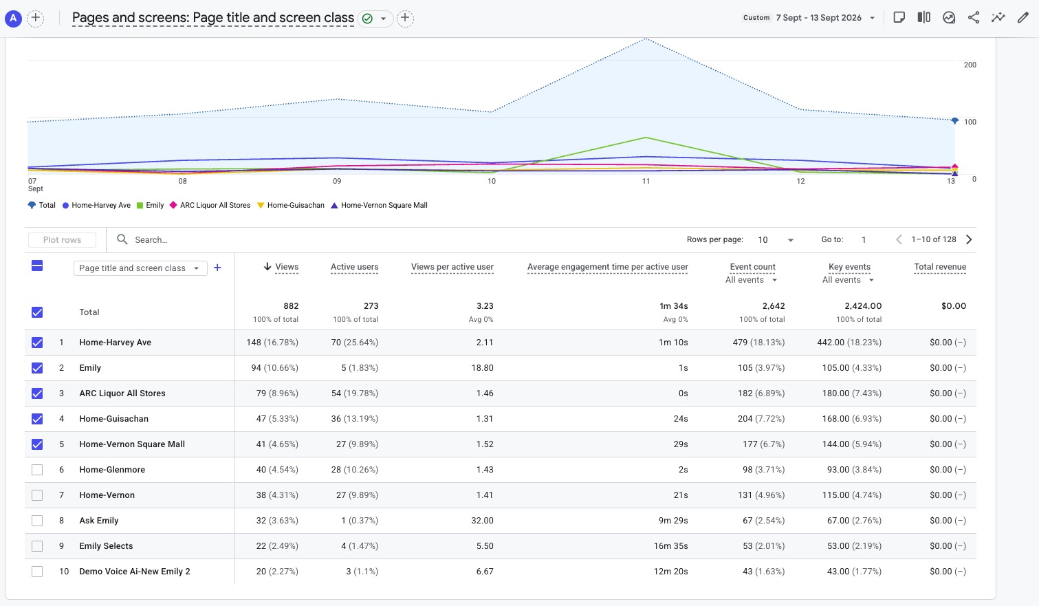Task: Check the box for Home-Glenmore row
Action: (37, 470)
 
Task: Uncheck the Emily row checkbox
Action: (37, 368)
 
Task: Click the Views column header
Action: (287, 267)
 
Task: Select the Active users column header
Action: (354, 267)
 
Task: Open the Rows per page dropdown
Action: (776, 240)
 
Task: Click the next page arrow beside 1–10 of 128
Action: (969, 239)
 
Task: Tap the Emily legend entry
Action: (151, 205)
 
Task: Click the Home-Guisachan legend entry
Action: (291, 205)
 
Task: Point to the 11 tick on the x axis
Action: (646, 181)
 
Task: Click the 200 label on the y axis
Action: (970, 65)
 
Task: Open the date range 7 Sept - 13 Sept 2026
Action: (819, 18)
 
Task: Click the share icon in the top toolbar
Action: (974, 18)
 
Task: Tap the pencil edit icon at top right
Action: (1022, 18)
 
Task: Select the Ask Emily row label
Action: (99, 521)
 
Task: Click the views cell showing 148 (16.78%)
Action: (272, 343)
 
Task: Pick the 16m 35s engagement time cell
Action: (670, 546)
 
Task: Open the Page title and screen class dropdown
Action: (140, 268)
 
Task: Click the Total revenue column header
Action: (940, 267)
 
